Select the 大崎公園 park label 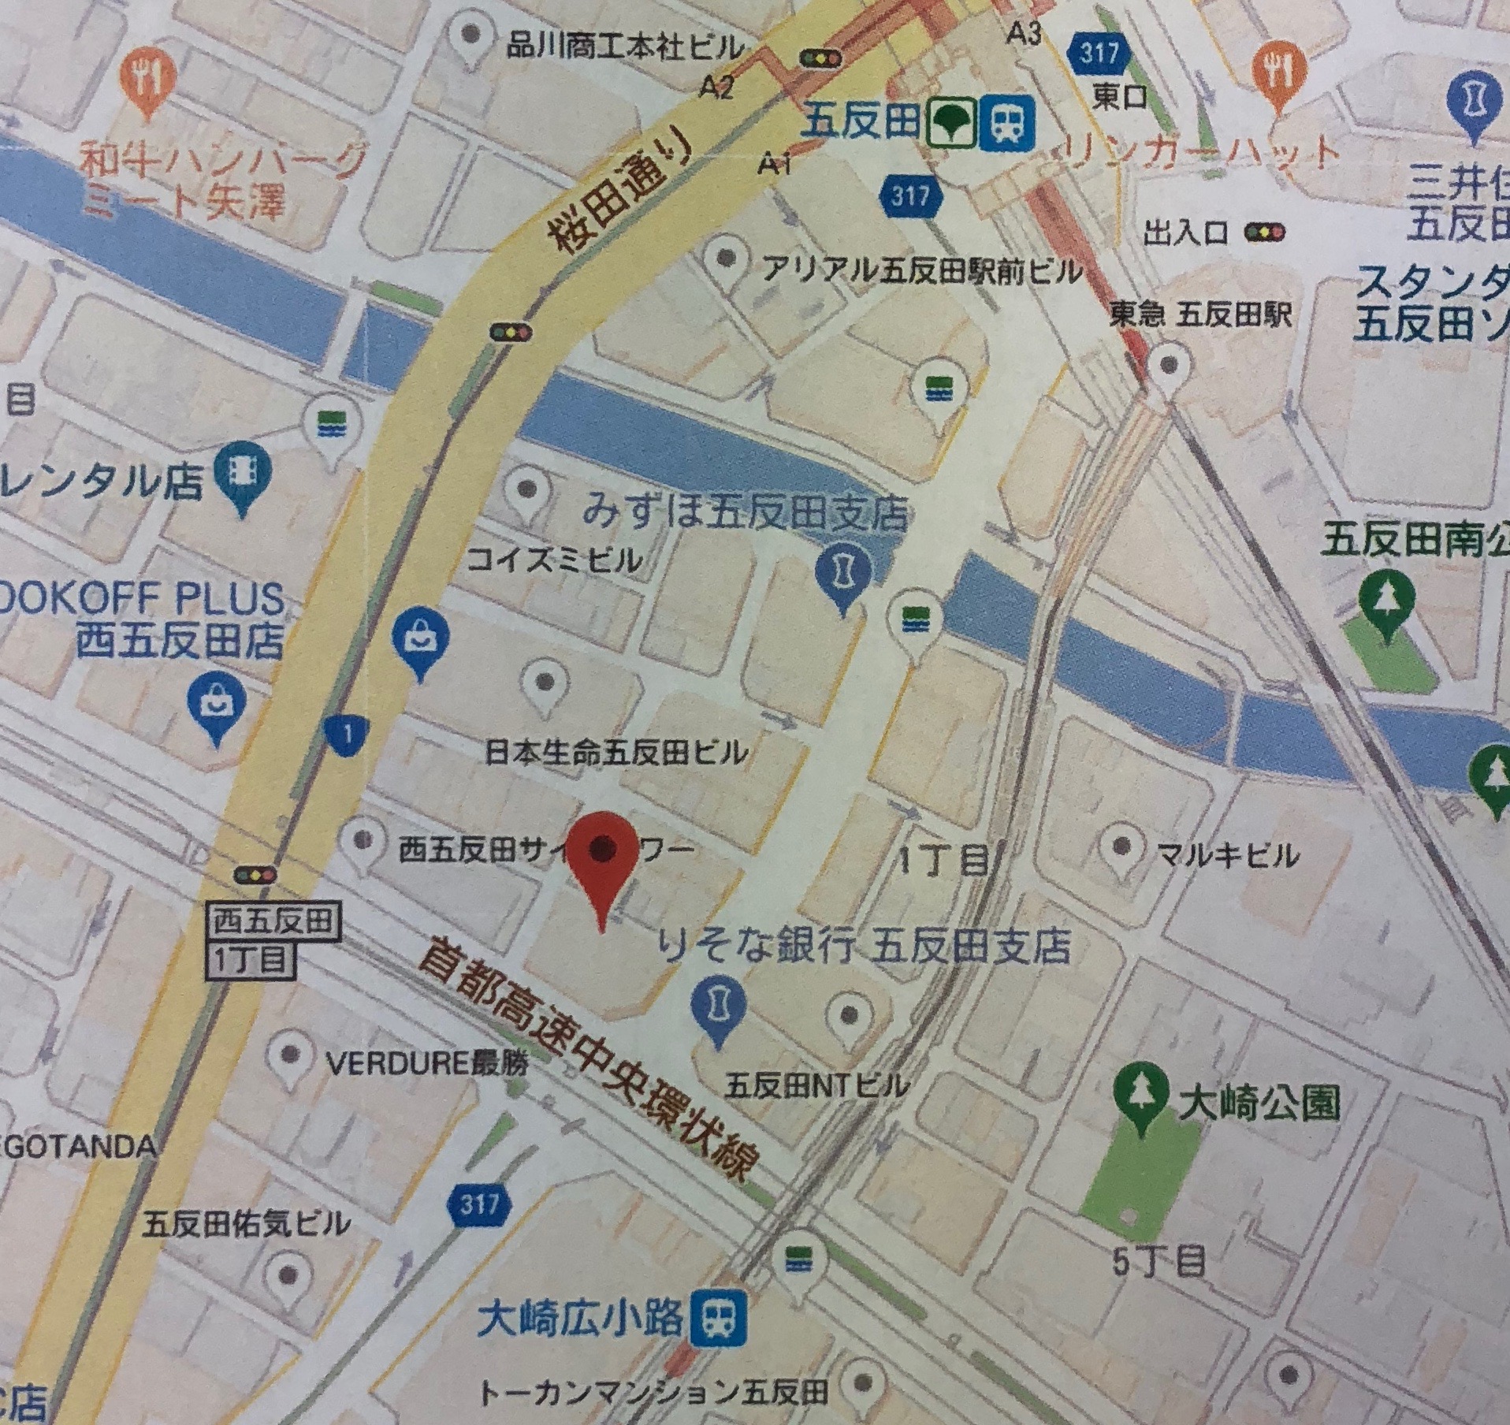pos(1259,1105)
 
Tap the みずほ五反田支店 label pos(745,515)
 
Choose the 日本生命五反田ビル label pos(616,754)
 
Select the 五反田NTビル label pos(816,1088)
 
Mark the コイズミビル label pos(554,562)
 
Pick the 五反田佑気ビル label pos(246,1225)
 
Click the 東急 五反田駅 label pos(1199,315)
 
